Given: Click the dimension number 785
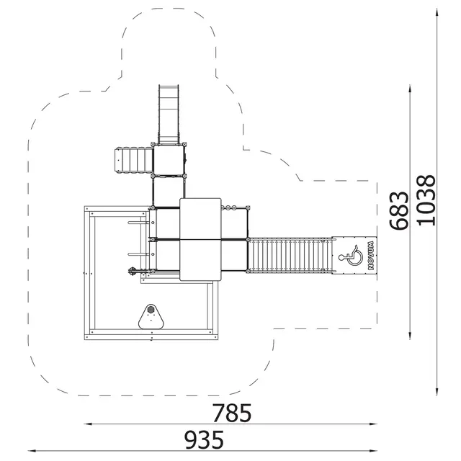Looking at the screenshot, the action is point(232,413).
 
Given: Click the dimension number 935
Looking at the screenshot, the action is point(204,439).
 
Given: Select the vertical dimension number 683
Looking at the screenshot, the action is point(399,210).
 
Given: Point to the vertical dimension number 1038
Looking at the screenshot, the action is point(426,200).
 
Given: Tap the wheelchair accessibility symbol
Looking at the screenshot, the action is point(351,255).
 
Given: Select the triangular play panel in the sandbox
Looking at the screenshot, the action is point(151,317).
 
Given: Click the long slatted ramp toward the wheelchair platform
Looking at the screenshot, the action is point(290,255).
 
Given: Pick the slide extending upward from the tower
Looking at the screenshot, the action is point(169,115).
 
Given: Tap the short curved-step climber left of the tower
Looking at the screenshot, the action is point(134,160).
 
